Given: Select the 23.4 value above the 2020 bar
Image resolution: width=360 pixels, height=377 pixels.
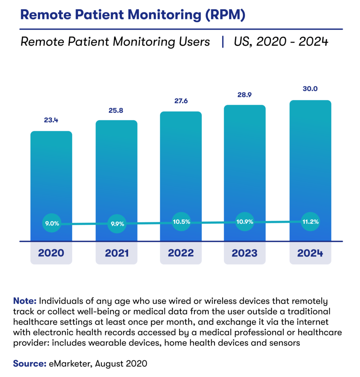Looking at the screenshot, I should coord(51,120).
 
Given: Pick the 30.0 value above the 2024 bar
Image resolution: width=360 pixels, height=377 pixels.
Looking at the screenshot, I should coord(310,89).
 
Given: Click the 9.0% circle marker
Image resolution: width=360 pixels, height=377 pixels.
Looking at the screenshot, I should coord(51,223).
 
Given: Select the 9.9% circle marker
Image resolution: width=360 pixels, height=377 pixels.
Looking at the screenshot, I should coord(117,223).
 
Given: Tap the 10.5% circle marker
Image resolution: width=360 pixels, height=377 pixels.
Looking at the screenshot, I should coord(181,222).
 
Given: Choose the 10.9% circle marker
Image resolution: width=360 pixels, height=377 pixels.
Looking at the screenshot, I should coord(245,222).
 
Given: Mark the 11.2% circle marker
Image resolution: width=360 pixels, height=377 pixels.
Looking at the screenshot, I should coord(310,222).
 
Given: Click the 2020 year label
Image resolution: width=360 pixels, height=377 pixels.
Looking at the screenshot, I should coord(51,253).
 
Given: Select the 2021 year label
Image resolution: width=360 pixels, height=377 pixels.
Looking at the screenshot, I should coord(116,253).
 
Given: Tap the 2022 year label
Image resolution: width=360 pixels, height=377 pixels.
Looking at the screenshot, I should coord(181,253).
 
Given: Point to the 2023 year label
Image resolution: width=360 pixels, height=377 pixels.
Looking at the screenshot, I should coord(245,253).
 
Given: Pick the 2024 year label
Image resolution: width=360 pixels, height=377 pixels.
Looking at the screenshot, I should coord(310,253).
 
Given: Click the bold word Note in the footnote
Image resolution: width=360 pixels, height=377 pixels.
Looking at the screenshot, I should coord(25,300).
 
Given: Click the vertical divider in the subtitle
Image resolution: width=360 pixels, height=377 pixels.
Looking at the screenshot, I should coord(222,42).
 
